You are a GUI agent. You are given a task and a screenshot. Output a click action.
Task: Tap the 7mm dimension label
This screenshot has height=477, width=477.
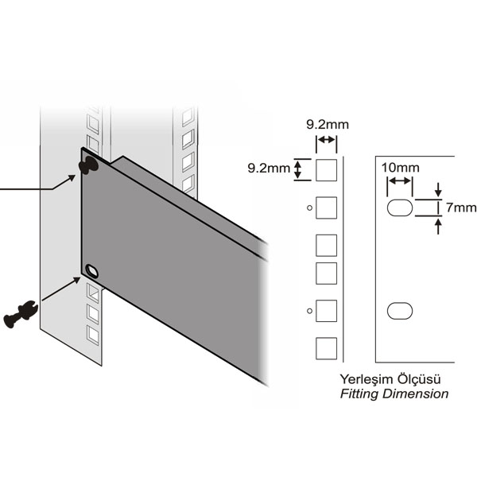pos(456,207)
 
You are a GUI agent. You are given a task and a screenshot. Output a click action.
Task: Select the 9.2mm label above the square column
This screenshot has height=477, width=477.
pos(327,124)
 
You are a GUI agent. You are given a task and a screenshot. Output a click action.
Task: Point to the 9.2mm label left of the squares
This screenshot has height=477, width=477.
pos(269,168)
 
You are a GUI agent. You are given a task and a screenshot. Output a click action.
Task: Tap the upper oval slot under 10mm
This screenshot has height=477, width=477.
pos(400,208)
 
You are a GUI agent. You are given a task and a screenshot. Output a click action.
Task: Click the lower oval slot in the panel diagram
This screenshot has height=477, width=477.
pos(400,309)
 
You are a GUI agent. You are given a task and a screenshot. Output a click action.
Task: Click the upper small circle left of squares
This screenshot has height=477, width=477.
pos(310,208)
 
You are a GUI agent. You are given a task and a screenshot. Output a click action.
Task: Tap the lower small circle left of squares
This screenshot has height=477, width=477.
pos(310,309)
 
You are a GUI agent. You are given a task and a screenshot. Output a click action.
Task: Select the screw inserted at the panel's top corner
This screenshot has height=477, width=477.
pos(88,164)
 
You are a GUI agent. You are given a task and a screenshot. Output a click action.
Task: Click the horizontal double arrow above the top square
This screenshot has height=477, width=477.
pos(327,142)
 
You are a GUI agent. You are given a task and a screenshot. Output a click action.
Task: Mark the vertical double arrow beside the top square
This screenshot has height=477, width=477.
pos(299,169)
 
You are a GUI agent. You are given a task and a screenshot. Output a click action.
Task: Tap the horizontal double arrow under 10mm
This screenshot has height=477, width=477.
pos(400,183)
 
